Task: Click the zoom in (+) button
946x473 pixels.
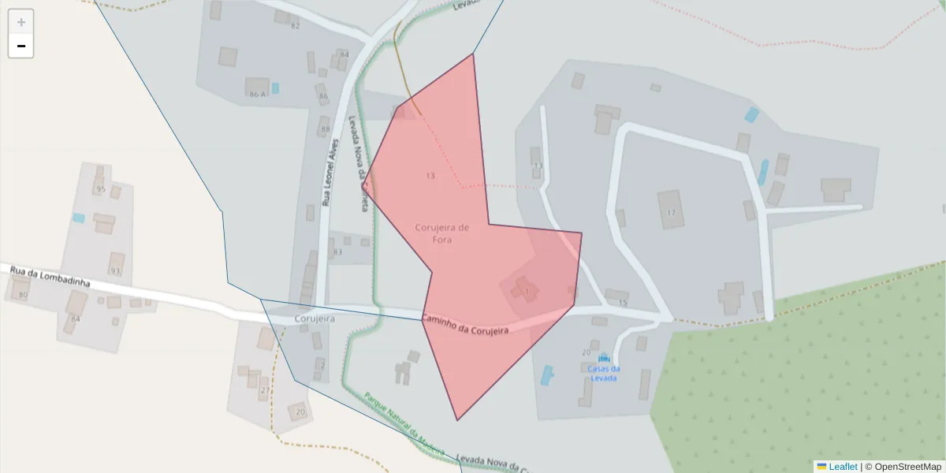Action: click(x=21, y=22)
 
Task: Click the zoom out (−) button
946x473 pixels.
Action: click(x=21, y=46)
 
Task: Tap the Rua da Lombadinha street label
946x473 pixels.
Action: click(x=50, y=277)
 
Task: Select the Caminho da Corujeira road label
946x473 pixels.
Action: click(x=464, y=324)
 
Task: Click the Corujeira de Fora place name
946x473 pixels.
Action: click(x=442, y=233)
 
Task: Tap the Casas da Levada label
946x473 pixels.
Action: click(x=603, y=373)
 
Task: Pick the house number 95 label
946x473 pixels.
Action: click(x=100, y=189)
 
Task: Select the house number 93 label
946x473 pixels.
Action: click(x=116, y=271)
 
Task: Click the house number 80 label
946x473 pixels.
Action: click(x=23, y=295)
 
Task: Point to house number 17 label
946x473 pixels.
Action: click(x=671, y=213)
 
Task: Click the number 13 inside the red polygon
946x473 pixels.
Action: click(x=430, y=176)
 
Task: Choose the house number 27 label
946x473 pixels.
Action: click(x=265, y=391)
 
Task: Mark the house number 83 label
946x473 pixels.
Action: click(x=337, y=252)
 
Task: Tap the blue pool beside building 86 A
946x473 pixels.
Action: click(x=275, y=88)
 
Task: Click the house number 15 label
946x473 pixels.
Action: click(x=622, y=303)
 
